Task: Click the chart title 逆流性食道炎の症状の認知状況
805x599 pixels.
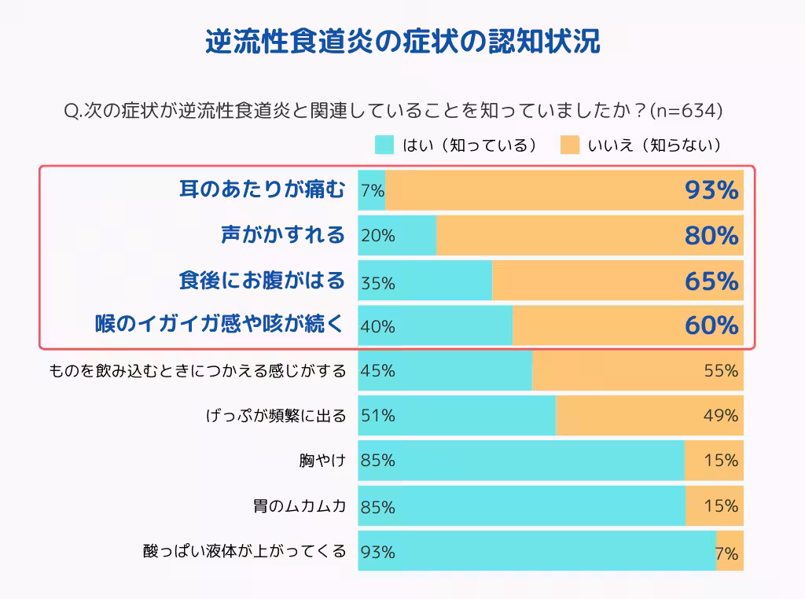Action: point(402,42)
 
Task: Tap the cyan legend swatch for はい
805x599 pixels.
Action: point(384,145)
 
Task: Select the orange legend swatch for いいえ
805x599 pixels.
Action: point(570,145)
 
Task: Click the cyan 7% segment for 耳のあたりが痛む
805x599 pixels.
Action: point(372,190)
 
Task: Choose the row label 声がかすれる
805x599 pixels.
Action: point(283,235)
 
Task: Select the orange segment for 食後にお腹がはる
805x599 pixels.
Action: point(617,281)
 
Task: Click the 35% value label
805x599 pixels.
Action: point(378,283)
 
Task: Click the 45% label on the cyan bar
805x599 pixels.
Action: point(378,370)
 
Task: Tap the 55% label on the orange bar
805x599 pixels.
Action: point(721,370)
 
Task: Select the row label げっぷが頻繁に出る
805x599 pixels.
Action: point(275,416)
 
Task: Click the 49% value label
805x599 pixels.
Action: point(721,416)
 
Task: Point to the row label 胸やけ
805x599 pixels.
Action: point(322,461)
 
